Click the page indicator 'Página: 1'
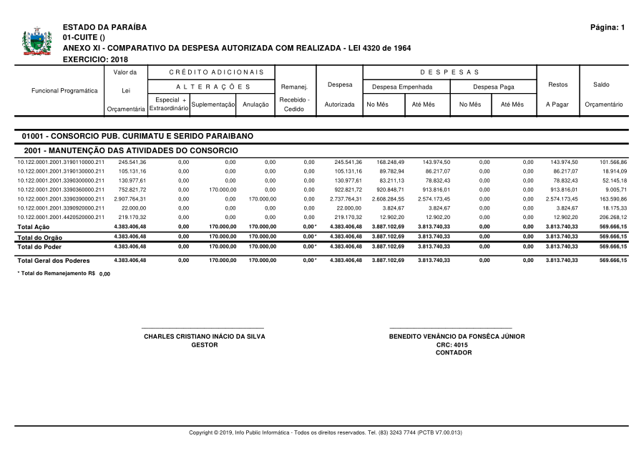[x=608, y=27]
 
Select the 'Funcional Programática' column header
[x=64, y=91]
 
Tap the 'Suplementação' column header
[x=214, y=105]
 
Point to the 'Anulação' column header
[x=255, y=105]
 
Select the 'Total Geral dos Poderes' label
[x=54, y=261]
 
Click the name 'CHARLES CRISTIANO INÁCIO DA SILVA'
[x=205, y=336]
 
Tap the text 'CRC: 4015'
[x=453, y=344]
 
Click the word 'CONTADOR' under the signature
[x=454, y=352]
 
